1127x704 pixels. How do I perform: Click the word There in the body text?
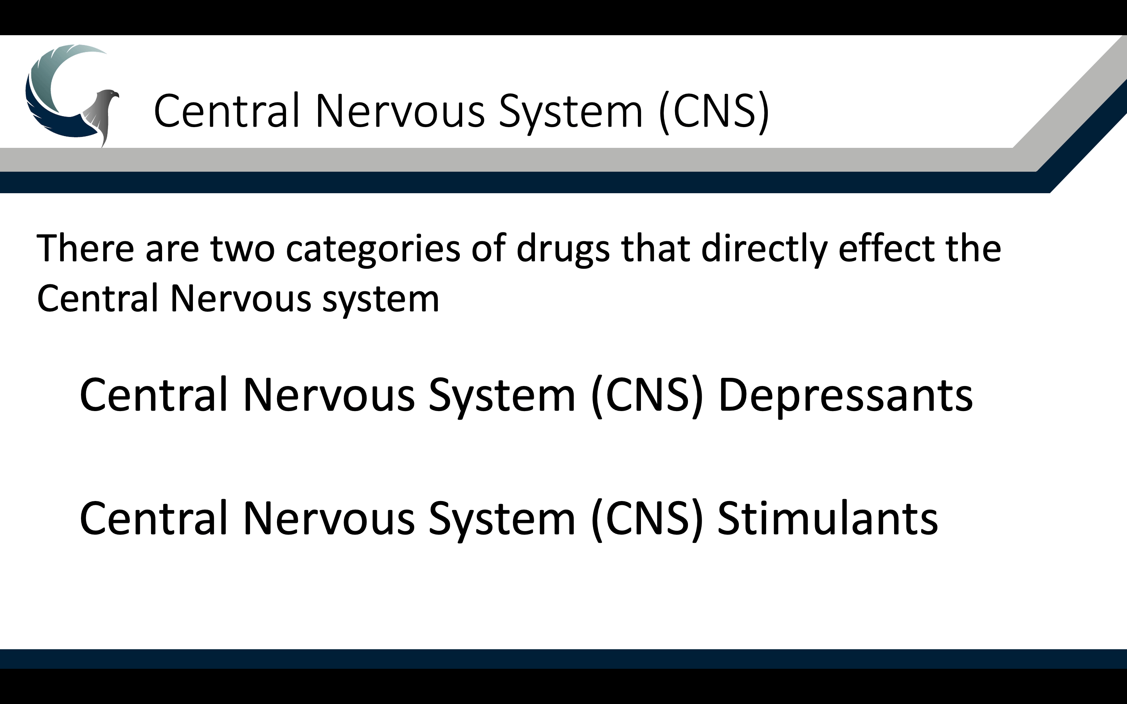pos(85,248)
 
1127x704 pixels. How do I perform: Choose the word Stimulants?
pos(828,518)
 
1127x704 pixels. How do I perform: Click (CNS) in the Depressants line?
pos(647,395)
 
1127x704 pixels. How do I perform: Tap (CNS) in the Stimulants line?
pos(647,519)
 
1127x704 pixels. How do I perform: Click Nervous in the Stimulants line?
pos(329,519)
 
